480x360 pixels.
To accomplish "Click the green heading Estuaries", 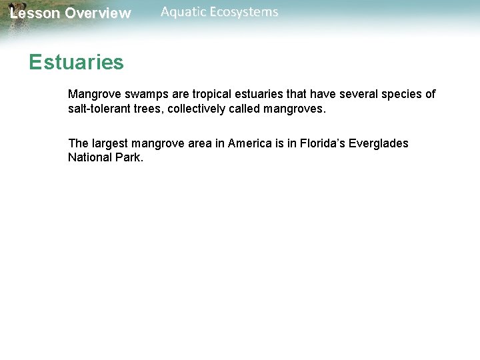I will [x=76, y=63].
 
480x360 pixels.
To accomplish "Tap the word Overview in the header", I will [x=98, y=13].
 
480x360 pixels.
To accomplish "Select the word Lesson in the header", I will [x=35, y=13].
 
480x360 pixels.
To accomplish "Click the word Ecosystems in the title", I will [x=244, y=12].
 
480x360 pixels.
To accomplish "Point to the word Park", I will [x=130, y=158].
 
